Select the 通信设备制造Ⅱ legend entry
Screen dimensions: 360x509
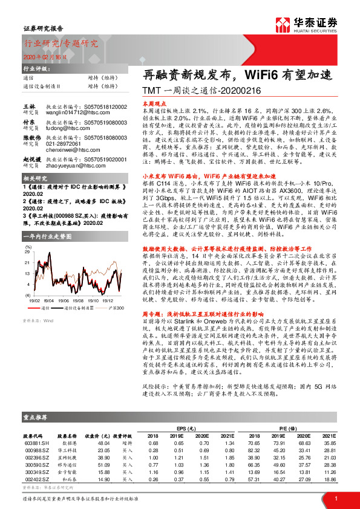pos(80,308)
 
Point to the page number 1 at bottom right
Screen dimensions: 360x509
pos(335,497)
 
